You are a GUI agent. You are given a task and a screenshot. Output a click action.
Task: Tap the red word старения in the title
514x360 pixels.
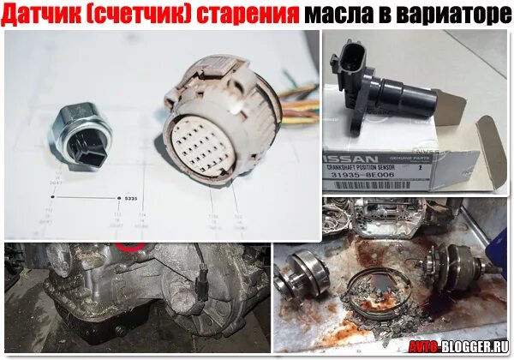coord(252,15)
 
